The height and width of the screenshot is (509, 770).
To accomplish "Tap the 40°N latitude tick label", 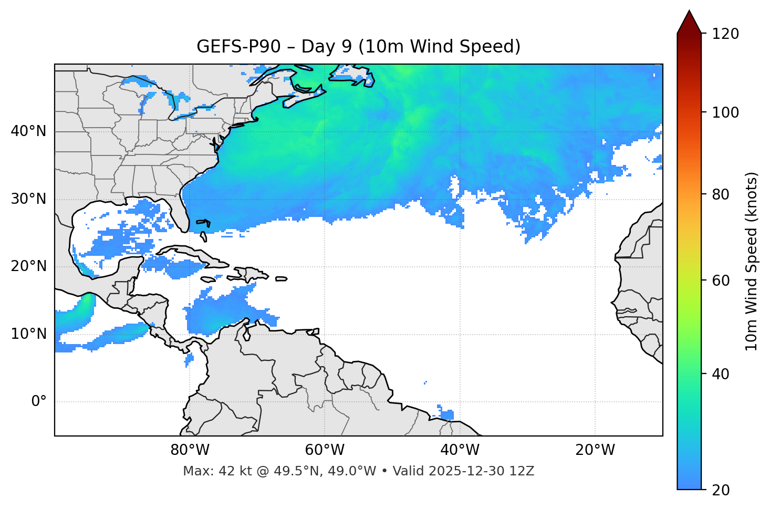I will pos(28,131).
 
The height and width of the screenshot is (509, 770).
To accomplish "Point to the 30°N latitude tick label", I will pos(28,199).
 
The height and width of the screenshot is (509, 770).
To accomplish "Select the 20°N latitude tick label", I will pos(28,266).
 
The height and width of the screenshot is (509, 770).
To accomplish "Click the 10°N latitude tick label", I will pos(28,334).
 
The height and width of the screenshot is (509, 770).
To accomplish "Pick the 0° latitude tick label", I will pos(38,402).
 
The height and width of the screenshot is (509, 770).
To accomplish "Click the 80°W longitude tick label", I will pos(190,450).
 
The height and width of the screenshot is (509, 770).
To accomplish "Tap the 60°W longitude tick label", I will pos(325,450).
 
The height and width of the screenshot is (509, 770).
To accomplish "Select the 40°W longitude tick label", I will pos(460,450).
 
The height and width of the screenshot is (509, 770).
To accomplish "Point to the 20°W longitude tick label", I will pos(595,450).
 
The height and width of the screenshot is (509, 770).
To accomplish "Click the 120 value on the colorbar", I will pos(725,34).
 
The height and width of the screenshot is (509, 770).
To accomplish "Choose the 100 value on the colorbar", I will pos(725,112).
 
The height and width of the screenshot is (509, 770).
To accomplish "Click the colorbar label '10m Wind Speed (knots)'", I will pos(752,261).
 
